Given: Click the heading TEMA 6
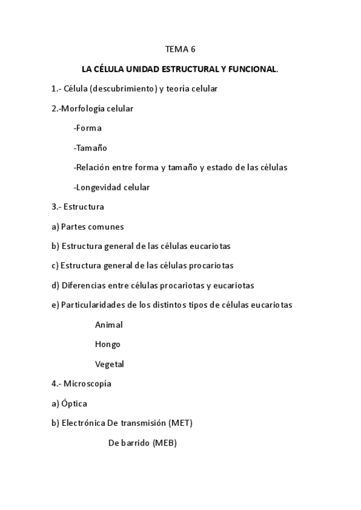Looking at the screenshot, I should [180, 49].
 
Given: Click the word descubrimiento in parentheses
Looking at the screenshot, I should [122, 89].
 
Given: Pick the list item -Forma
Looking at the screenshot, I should [87, 128].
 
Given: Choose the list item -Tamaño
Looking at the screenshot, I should [90, 148].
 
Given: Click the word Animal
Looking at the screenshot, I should [109, 325].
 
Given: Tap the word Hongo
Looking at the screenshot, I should [108, 344].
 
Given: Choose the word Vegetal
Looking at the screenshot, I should [110, 364].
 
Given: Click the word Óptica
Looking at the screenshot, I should [74, 404].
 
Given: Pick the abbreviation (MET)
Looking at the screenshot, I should [180, 423].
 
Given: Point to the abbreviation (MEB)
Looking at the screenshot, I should [165, 443].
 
